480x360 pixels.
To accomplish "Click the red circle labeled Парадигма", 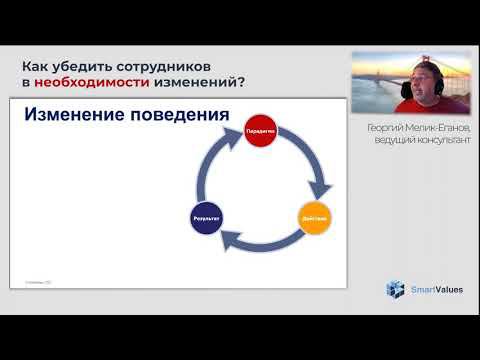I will [x=259, y=131].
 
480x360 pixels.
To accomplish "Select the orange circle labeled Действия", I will [x=314, y=217].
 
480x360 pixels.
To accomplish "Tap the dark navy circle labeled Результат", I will [x=206, y=217].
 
